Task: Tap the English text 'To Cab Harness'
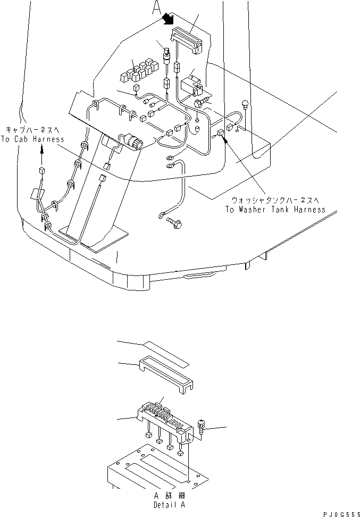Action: coord(32,139)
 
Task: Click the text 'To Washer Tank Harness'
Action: coord(275,209)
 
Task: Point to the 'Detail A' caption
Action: coord(170,504)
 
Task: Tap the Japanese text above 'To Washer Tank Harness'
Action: coord(274,200)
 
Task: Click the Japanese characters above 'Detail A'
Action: coord(169,495)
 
